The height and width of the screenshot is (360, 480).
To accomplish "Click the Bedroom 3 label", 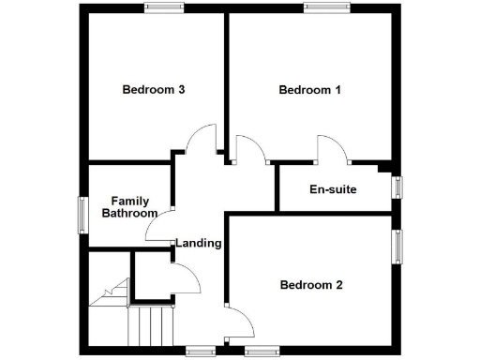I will click(x=153, y=90).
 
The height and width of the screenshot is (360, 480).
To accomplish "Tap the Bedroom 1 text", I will click(x=309, y=90).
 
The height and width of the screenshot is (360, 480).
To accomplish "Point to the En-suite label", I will click(x=333, y=189).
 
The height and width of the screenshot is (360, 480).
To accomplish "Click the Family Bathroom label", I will click(x=130, y=207).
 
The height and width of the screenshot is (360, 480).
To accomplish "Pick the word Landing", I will click(x=199, y=243).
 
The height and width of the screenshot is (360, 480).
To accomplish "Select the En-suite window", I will click(x=397, y=187).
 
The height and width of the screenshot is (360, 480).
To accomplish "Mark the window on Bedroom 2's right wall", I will click(x=397, y=247).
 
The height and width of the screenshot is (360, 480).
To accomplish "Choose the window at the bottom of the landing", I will click(x=201, y=352).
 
